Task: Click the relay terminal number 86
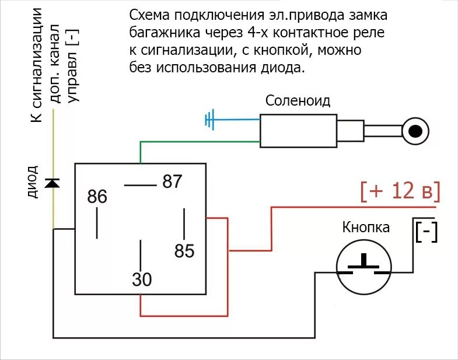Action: pos(97,197)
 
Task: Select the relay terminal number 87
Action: pos(172,181)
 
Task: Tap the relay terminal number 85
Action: pos(184,251)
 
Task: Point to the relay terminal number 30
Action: pos(142,280)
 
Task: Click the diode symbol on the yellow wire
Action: pos(53,183)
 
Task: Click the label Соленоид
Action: pos(298,101)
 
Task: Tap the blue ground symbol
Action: pos(210,120)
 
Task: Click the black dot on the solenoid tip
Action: pos(415,131)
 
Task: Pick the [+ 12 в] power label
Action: pos(400,191)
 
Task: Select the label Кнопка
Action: pos(366,227)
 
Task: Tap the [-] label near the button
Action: pos(426,233)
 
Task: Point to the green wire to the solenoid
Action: pos(198,142)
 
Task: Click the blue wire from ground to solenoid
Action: pos(236,120)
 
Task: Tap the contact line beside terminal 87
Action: pos(139,186)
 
